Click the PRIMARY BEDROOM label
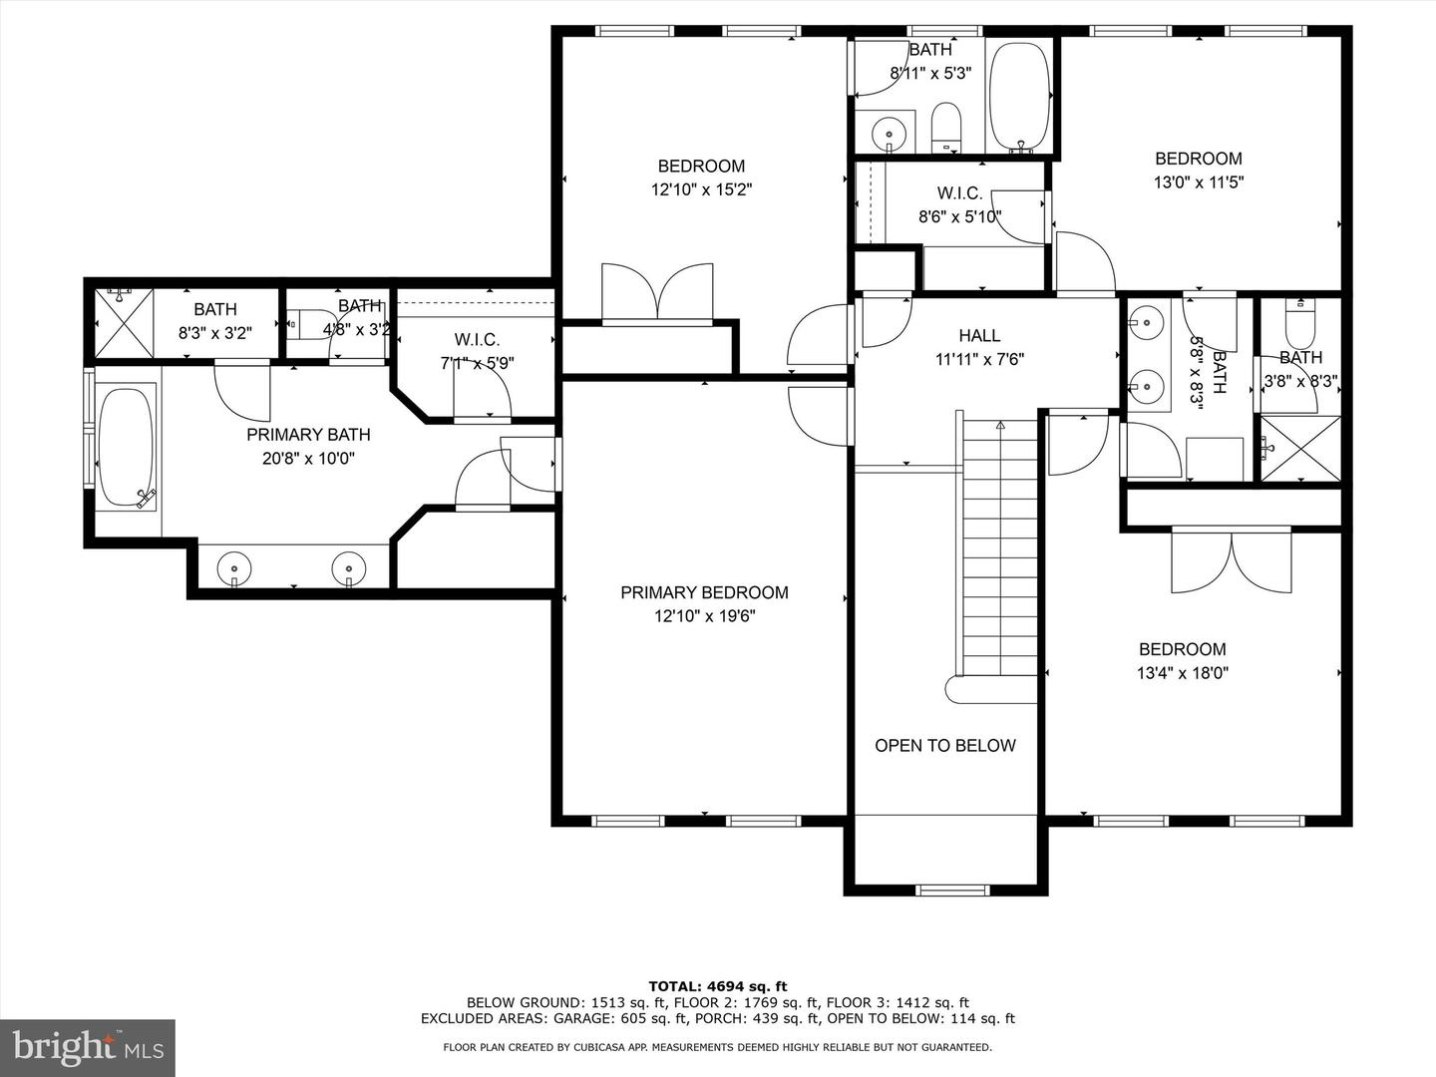tap(704, 592)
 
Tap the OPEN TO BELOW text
tap(944, 746)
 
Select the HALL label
tap(979, 336)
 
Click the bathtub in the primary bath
tap(126, 447)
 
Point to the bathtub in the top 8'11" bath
tap(1018, 97)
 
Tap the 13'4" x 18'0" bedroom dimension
tap(1182, 673)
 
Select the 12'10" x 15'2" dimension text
tap(701, 189)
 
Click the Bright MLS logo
tap(88, 1047)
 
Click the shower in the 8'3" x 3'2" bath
tap(125, 322)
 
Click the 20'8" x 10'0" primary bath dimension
tap(308, 459)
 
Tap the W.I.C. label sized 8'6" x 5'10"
tap(959, 193)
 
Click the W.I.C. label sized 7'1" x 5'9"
tap(477, 340)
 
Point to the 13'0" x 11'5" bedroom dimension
tap(1198, 182)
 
